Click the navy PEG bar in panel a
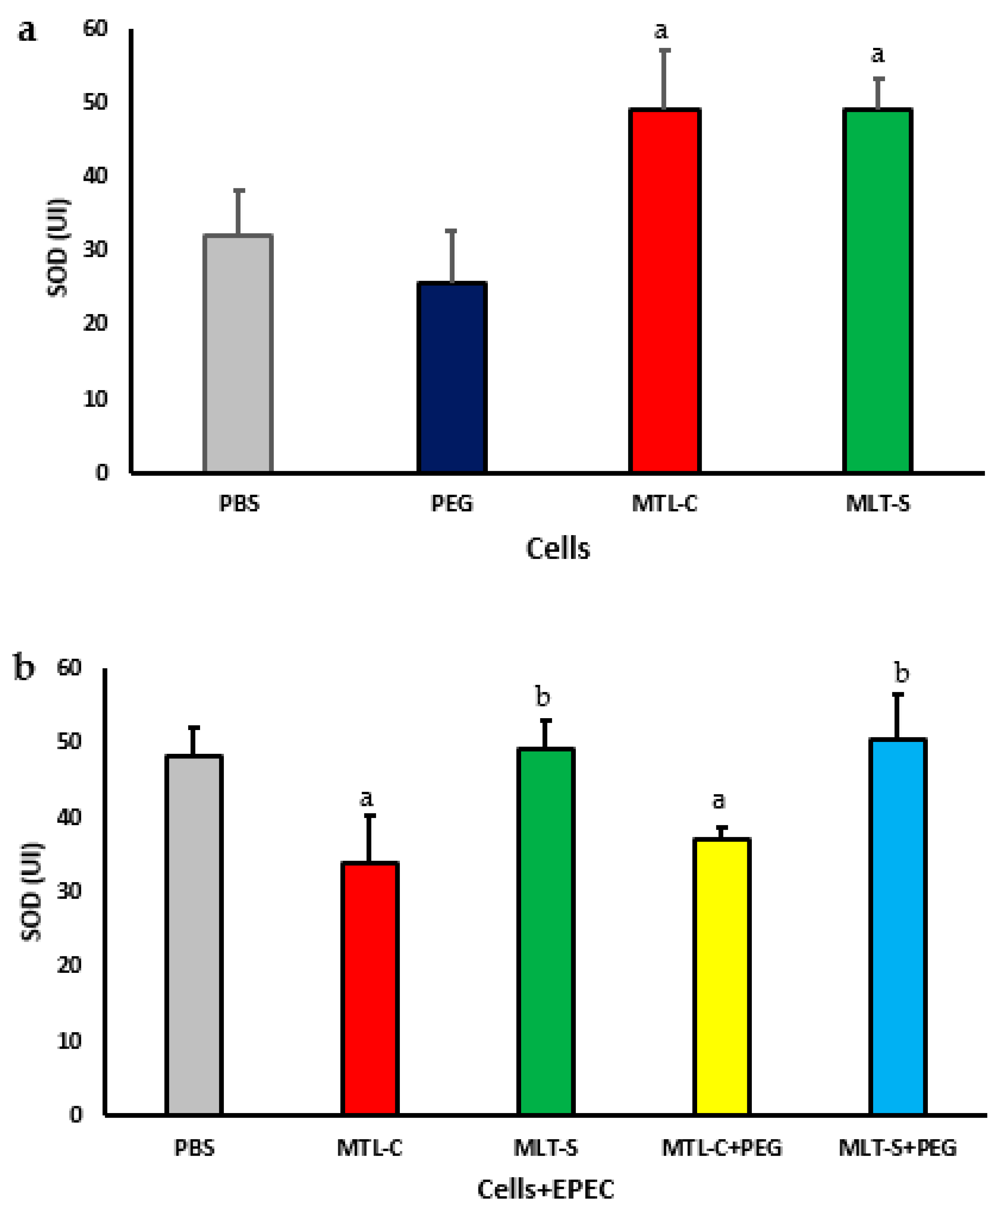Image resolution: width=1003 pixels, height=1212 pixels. point(452,378)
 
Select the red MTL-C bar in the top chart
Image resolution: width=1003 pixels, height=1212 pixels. point(664,292)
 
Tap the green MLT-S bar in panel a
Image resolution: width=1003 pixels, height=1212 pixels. point(877,292)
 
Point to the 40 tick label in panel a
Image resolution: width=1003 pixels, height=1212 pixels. point(95,175)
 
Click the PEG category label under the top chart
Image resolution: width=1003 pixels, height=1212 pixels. point(452,504)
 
